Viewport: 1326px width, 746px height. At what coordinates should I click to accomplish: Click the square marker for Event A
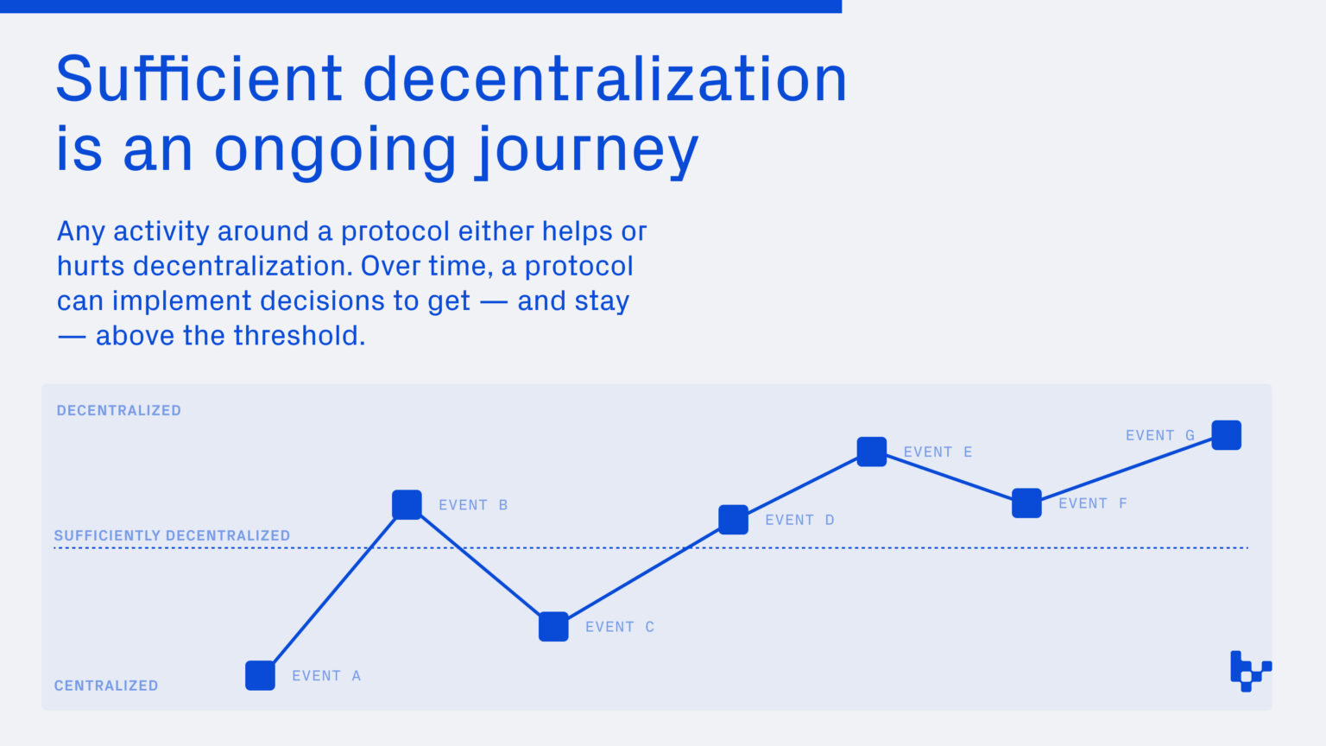(260, 675)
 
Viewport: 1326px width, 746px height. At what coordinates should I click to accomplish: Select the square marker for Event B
(407, 504)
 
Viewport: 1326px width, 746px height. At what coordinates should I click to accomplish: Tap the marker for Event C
(553, 627)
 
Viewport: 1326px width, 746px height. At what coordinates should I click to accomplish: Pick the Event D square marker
(733, 520)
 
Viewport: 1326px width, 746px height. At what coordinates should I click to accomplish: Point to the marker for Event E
(871, 452)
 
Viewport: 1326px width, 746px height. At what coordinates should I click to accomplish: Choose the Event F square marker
(1026, 503)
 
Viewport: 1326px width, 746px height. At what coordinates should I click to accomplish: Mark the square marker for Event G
(1226, 435)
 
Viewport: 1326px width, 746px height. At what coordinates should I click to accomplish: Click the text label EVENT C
(620, 627)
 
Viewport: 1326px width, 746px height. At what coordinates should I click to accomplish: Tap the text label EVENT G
(1159, 435)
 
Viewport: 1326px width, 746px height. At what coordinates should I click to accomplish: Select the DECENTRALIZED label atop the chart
(119, 410)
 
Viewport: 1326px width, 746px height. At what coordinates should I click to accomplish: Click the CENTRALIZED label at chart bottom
(106, 686)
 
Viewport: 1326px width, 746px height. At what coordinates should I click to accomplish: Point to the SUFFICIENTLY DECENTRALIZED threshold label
(172, 535)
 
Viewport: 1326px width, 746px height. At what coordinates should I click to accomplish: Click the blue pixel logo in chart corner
(1250, 671)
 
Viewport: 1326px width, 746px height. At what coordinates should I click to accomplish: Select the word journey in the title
(587, 149)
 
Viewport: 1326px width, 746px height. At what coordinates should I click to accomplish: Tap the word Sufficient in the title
(199, 79)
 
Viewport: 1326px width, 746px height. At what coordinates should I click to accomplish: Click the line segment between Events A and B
(333, 590)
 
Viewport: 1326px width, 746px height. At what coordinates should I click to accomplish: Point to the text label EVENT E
(938, 452)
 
